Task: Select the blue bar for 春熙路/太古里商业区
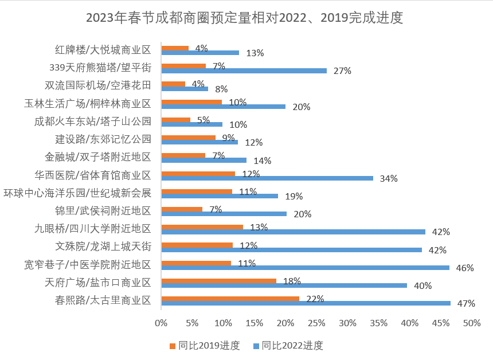(306, 303)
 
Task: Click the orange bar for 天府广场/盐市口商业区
(218, 281)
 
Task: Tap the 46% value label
(465, 268)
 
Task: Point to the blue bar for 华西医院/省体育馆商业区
(267, 178)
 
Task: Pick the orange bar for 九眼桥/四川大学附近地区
(202, 227)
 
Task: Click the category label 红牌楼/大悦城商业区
(103, 49)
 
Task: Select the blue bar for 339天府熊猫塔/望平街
(244, 71)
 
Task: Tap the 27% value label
(342, 71)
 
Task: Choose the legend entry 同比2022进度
(292, 346)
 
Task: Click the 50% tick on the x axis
(471, 323)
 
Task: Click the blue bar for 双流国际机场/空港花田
(185, 89)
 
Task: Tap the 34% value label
(389, 178)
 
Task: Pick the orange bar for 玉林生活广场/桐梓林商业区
(191, 102)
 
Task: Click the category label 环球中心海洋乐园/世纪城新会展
(77, 193)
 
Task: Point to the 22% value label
(315, 299)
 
